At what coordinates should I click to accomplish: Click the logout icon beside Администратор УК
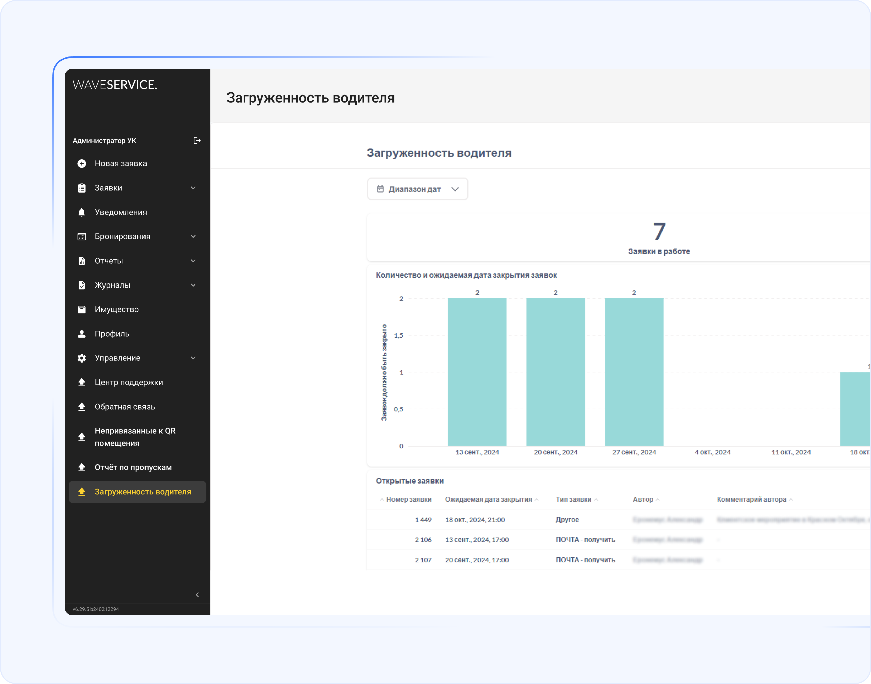[197, 141]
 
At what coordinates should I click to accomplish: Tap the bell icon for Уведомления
[82, 212]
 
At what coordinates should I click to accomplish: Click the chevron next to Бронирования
[193, 237]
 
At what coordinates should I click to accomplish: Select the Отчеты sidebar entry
[109, 261]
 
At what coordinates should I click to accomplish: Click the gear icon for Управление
[82, 358]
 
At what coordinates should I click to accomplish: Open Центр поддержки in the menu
[128, 382]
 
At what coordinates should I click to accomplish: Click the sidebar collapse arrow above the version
[197, 595]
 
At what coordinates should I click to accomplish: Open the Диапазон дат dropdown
[417, 189]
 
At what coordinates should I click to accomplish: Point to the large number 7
[659, 231]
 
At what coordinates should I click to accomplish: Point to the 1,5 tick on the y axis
[399, 336]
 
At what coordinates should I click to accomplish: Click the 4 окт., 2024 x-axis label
[712, 452]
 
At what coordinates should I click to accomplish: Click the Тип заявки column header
[573, 499]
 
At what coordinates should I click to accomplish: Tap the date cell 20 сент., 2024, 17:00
[477, 560]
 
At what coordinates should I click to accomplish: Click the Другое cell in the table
[567, 520]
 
